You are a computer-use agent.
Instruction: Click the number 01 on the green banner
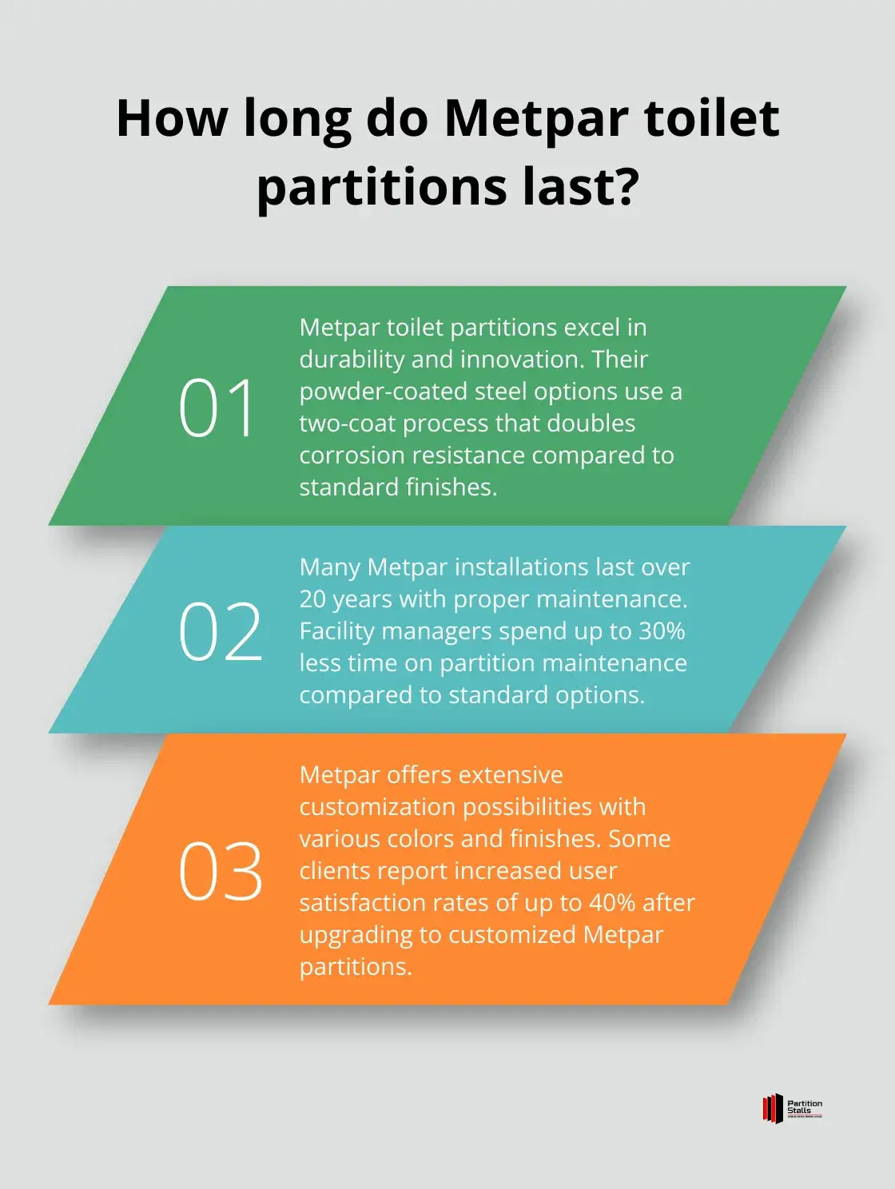coord(217,408)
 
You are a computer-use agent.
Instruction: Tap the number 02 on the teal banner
coord(221,631)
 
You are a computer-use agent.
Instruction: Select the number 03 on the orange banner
coord(221,872)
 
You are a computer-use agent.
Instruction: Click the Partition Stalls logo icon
coord(773,1108)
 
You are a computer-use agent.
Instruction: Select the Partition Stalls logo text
coord(805,1108)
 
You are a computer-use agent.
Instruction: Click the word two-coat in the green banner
coord(348,423)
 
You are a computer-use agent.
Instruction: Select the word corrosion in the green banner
coord(352,455)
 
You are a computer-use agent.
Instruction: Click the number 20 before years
coord(312,599)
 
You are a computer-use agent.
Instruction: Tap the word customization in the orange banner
coord(377,807)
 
